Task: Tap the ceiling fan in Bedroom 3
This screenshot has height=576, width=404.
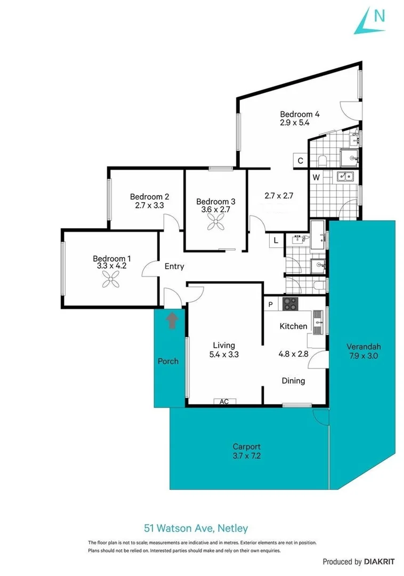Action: tap(215, 225)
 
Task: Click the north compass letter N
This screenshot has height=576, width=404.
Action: tap(379, 16)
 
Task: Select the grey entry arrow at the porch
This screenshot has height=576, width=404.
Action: tap(172, 321)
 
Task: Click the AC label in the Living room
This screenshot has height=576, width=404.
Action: tap(224, 402)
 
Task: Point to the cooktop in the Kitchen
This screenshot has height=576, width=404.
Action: tap(290, 305)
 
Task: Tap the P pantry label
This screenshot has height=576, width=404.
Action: tap(271, 305)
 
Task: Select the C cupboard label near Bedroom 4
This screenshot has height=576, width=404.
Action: tap(301, 161)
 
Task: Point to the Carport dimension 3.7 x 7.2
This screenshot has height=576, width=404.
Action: tap(246, 455)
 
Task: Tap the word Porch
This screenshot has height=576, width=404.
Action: tap(168, 361)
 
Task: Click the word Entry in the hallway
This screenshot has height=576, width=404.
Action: tap(174, 266)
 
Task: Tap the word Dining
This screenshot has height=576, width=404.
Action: tap(293, 381)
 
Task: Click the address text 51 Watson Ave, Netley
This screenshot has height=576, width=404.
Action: tap(196, 529)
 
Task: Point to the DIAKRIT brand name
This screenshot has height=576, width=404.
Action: tap(379, 561)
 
